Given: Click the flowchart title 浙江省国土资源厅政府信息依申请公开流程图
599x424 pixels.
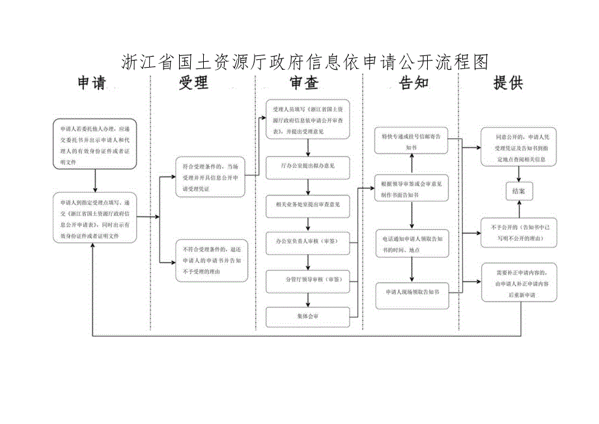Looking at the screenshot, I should point(305,62).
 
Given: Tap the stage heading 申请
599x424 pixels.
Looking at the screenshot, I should point(91,83).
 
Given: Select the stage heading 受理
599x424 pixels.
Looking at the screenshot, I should point(193,83).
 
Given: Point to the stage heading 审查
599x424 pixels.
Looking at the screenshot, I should point(304,83).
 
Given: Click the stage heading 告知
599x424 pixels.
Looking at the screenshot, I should point(413,83).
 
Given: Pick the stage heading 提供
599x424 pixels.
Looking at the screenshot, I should point(508,83).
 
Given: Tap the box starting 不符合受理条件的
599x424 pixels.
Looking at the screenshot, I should point(212,260).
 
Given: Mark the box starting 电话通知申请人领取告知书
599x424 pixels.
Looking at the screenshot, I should point(411,244).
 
